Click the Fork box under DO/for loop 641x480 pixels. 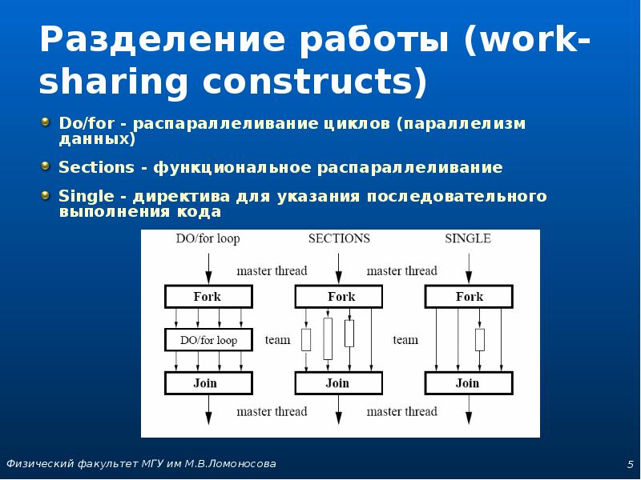208,297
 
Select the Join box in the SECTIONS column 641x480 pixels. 337,383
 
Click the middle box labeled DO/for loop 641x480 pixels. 208,340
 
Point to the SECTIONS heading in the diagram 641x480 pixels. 339,238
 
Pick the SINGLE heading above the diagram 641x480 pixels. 468,238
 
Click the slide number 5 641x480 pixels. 631,465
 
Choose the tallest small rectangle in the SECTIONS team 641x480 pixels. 328,338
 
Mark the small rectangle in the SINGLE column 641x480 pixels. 480,340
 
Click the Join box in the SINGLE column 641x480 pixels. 468,383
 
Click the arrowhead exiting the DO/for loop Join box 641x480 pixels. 208,417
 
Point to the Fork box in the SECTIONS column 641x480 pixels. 341,297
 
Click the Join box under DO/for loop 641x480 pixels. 208,383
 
